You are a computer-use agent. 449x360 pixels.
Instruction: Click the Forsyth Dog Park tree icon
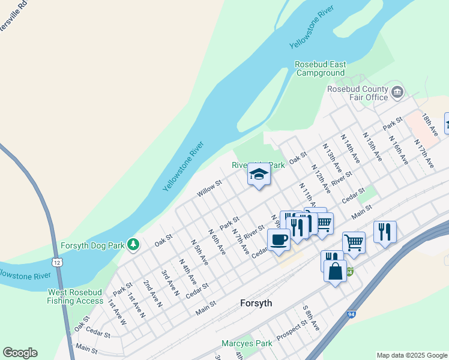pyautogui.click(x=133, y=245)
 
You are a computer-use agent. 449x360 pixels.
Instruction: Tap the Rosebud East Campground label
pyautogui.click(x=320, y=69)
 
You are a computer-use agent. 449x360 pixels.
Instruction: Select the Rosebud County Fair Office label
pyautogui.click(x=358, y=93)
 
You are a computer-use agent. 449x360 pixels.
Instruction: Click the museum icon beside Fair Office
pyautogui.click(x=397, y=92)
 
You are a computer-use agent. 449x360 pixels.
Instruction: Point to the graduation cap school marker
pyautogui.click(x=259, y=175)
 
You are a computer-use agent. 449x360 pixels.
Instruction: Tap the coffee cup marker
pyautogui.click(x=279, y=240)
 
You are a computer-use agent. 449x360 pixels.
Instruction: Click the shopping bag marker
pyautogui.click(x=335, y=271)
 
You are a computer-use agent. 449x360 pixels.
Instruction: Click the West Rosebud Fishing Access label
pyautogui.click(x=76, y=296)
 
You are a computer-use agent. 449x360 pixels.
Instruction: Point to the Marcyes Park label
pyautogui.click(x=247, y=344)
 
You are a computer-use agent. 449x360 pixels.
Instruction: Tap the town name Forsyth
pyautogui.click(x=256, y=303)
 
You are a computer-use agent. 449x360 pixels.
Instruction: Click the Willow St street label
pyautogui.click(x=209, y=190)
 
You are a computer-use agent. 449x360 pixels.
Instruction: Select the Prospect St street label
pyautogui.click(x=292, y=329)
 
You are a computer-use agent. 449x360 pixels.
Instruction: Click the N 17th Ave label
pyautogui.click(x=424, y=154)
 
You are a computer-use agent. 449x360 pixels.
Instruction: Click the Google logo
pyautogui.click(x=20, y=353)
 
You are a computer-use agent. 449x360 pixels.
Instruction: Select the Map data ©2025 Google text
pyautogui.click(x=411, y=355)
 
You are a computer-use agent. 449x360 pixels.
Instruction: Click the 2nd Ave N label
pyautogui.click(x=152, y=293)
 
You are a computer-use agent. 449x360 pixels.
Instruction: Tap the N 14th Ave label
pyautogui.click(x=350, y=149)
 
